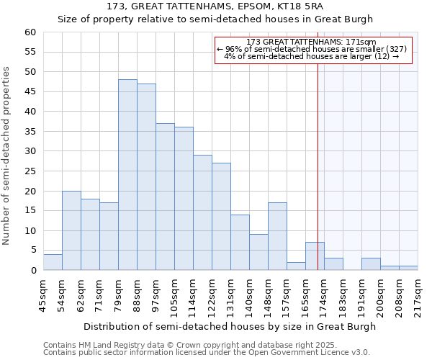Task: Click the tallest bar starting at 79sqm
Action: pyautogui.click(x=127, y=175)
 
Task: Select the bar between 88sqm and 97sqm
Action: pyautogui.click(x=146, y=177)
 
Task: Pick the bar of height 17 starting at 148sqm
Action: pyautogui.click(x=277, y=236)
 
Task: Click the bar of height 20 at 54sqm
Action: pyautogui.click(x=71, y=230)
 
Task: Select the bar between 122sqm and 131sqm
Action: pyautogui.click(x=221, y=217)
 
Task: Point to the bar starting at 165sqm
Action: pyautogui.click(x=315, y=256)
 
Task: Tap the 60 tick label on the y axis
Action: pyautogui.click(x=30, y=32)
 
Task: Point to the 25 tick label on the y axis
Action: pyautogui.click(x=30, y=171)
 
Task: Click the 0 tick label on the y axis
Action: pyautogui.click(x=32, y=271)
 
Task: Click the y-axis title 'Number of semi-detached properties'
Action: pyautogui.click(x=7, y=156)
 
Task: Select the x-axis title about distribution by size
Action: pyautogui.click(x=230, y=326)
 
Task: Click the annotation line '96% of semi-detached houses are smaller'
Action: pyautogui.click(x=312, y=49)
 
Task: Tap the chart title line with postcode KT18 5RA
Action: pyautogui.click(x=215, y=6)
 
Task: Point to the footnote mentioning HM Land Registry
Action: pyautogui.click(x=190, y=345)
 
